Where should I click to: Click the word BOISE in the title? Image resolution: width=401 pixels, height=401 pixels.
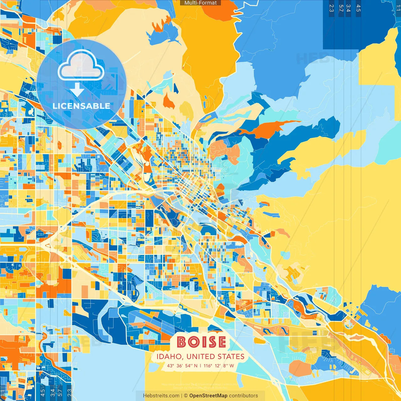(201, 342)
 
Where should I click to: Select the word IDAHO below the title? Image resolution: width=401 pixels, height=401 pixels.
(169, 357)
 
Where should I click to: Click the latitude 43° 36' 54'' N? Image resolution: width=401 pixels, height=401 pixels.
(182, 366)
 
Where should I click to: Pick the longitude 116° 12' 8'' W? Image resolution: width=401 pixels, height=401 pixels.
(219, 366)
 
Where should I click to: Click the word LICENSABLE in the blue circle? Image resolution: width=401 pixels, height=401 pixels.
(81, 106)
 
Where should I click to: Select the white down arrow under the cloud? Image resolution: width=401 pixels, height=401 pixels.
(77, 90)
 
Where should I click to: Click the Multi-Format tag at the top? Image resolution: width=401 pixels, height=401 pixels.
(200, 3)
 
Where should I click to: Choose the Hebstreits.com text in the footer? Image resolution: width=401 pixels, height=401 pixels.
(161, 396)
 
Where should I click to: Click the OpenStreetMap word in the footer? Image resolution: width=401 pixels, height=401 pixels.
(208, 396)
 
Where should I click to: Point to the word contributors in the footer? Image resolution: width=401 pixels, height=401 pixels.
(243, 396)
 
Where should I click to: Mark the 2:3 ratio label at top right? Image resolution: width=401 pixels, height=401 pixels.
(331, 8)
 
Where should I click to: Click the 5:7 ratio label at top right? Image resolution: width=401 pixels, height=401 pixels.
(341, 8)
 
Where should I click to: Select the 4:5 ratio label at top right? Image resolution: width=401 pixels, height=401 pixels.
(358, 8)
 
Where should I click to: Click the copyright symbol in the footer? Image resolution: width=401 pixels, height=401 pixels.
(185, 396)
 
